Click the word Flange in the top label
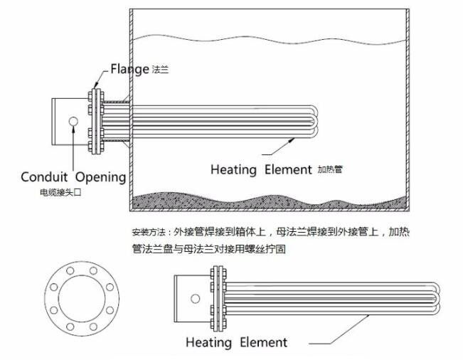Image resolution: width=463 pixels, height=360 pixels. (x=129, y=69)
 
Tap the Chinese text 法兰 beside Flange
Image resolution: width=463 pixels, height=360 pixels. (x=160, y=70)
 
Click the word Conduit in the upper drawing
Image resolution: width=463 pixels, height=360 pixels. (x=44, y=176)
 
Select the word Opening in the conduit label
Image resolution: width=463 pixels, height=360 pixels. (x=100, y=177)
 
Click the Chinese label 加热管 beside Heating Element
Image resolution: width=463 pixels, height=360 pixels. (x=329, y=169)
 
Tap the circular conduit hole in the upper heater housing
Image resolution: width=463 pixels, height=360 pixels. (x=73, y=122)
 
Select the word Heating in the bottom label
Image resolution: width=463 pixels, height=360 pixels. (x=208, y=342)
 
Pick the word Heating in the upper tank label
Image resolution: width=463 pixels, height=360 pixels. (x=233, y=169)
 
